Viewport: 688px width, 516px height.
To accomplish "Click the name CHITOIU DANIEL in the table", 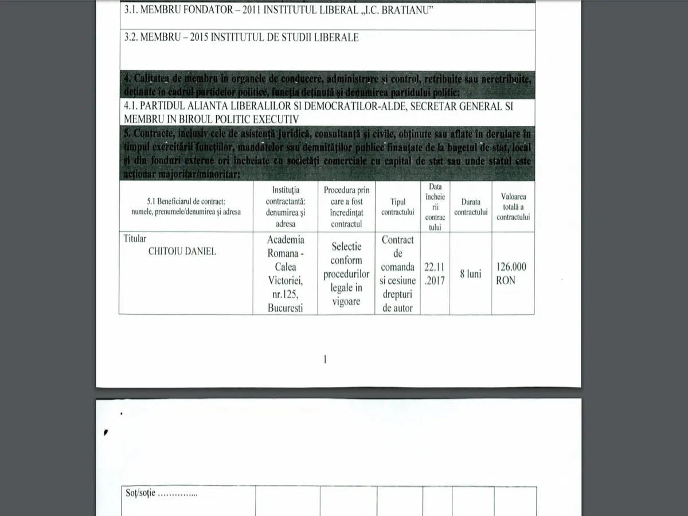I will click(182, 251).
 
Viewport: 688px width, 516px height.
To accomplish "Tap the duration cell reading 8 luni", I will click(470, 274).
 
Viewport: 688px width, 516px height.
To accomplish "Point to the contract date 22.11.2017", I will click(435, 273).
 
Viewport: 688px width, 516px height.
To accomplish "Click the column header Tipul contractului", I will click(397, 207).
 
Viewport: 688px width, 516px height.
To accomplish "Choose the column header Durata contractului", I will click(471, 207).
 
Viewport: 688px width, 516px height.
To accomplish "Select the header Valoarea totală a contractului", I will click(513, 207).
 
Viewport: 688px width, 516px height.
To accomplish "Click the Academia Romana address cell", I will click(286, 273).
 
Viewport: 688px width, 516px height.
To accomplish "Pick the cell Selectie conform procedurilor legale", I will click(346, 273).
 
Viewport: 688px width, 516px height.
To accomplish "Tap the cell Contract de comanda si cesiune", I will click(397, 273).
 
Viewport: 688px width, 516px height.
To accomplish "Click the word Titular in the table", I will click(135, 239).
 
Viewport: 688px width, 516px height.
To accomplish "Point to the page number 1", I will click(325, 359).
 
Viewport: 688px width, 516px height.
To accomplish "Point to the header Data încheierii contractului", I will click(435, 207).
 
